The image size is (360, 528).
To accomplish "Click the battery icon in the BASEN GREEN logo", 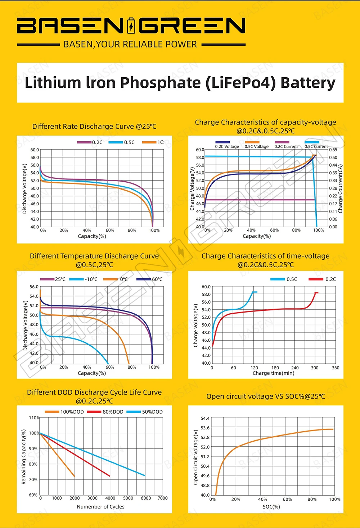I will pyautogui.click(x=131, y=26).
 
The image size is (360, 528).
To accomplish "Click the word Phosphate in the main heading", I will pyautogui.click(x=160, y=83).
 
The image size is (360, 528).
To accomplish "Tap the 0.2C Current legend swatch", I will pyautogui.click(x=282, y=142).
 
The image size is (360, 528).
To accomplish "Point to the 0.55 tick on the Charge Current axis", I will pyautogui.click(x=333, y=150).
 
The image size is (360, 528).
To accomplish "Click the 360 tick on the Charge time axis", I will pyautogui.click(x=336, y=368).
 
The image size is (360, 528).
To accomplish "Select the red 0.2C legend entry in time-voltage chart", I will pyautogui.click(x=322, y=279).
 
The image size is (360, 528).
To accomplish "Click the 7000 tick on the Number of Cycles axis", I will pyautogui.click(x=163, y=498).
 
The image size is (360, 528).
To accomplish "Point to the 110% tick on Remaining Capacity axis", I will pyautogui.click(x=34, y=418).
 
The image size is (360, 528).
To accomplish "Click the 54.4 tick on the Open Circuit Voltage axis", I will pyautogui.click(x=205, y=418).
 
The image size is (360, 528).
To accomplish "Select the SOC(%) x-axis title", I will pyautogui.click(x=271, y=506).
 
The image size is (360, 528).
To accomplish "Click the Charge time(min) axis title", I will pyautogui.click(x=273, y=373).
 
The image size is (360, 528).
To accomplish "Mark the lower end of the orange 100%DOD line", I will pyautogui.click(x=75, y=477).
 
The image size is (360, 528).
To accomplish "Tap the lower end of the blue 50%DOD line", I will pyautogui.click(x=145, y=476).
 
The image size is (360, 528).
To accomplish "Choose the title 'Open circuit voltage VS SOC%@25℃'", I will pyautogui.click(x=265, y=396).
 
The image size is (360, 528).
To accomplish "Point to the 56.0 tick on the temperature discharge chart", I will pyautogui.click(x=34, y=287).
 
